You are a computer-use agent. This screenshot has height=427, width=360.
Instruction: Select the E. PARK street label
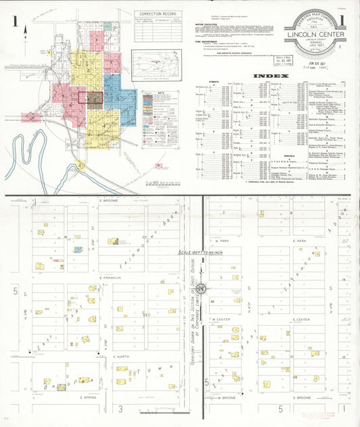[300, 241]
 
